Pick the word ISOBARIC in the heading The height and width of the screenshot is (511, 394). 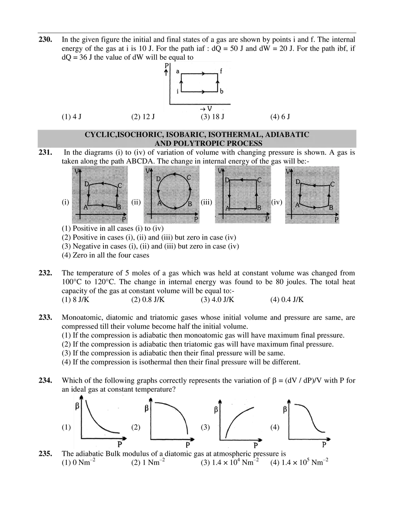tap(183, 135)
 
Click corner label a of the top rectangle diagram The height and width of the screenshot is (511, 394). tap(178, 72)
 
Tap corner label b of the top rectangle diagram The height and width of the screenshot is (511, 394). tap(221, 92)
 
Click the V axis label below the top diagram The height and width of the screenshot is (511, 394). tap(209, 109)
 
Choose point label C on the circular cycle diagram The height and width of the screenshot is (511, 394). tap(189, 178)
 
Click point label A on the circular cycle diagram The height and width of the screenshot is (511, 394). tap(159, 203)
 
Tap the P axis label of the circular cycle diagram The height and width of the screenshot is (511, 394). tap(196, 219)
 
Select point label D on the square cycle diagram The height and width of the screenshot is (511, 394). tap(227, 180)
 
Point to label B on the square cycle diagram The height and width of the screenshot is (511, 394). tap(259, 208)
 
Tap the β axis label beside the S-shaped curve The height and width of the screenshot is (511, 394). tap(285, 409)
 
